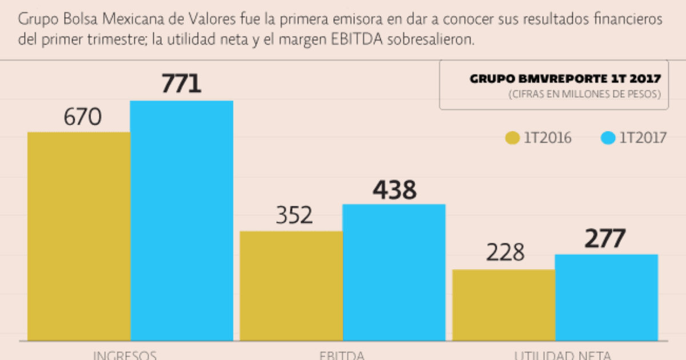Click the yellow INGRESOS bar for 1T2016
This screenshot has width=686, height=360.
click(79, 237)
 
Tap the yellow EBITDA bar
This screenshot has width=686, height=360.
click(291, 286)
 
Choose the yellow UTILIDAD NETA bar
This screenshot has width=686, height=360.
click(504, 305)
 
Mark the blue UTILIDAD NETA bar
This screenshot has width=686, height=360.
click(607, 298)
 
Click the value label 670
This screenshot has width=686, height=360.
click(83, 117)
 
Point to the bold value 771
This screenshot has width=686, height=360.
click(182, 83)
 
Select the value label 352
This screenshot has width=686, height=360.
click(294, 215)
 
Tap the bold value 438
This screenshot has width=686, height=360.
click(394, 190)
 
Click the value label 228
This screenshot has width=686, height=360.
click(505, 253)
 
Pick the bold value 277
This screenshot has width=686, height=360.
click(605, 239)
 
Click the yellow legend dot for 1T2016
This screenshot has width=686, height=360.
click(512, 138)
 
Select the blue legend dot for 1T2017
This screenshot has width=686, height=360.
click(608, 138)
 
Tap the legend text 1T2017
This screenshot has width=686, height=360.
click(643, 138)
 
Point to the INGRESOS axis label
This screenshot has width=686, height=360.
click(125, 355)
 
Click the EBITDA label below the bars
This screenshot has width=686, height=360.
click(342, 355)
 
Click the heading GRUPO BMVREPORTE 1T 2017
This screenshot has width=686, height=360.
click(566, 79)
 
